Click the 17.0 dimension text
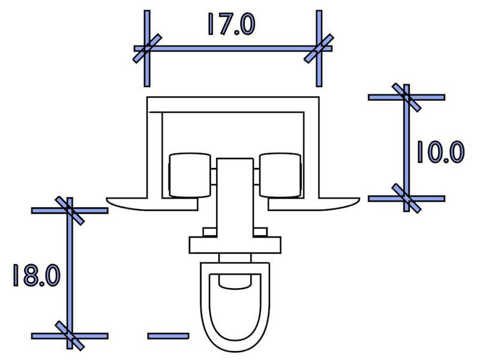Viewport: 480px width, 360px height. [x=231, y=24]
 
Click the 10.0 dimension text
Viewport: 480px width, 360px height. [x=441, y=152]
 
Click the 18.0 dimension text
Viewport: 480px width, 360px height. [x=37, y=275]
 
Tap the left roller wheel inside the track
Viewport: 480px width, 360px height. [x=190, y=175]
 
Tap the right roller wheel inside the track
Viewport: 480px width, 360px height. [x=280, y=175]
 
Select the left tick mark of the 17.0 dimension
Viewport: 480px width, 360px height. [x=147, y=49]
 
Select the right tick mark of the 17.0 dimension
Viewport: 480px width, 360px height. [x=319, y=49]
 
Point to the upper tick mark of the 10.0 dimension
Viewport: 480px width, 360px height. [x=407, y=97]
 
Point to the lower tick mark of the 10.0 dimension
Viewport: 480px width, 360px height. [x=407, y=199]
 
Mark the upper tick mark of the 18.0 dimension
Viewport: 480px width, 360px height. [x=70, y=211]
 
